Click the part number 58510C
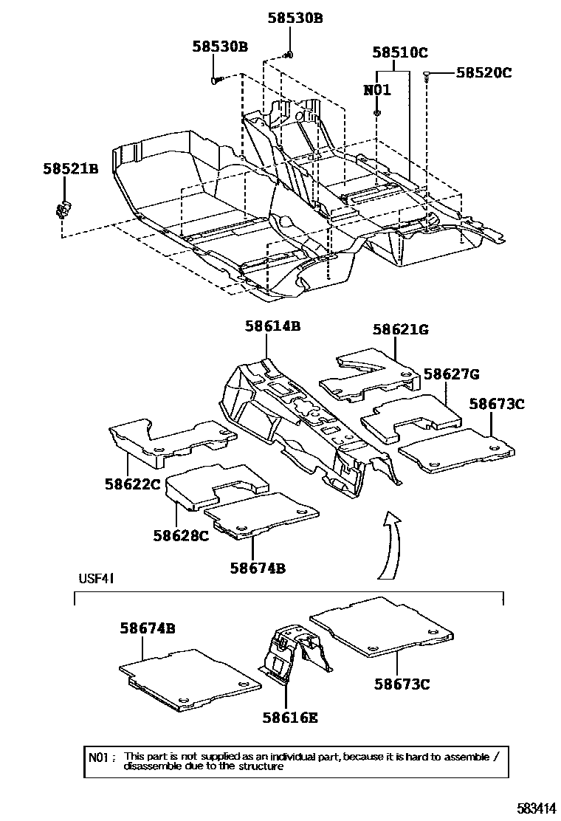coord(400,52)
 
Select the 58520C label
coord(483,72)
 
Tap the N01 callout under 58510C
coord(376,91)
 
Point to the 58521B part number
coord(69,169)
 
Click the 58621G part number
coord(400,330)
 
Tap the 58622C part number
coord(132,484)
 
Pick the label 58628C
coord(182,536)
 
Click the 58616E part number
coord(290,717)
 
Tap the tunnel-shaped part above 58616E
coord(289,650)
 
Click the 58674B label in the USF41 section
coord(148,628)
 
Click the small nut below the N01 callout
coord(376,112)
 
